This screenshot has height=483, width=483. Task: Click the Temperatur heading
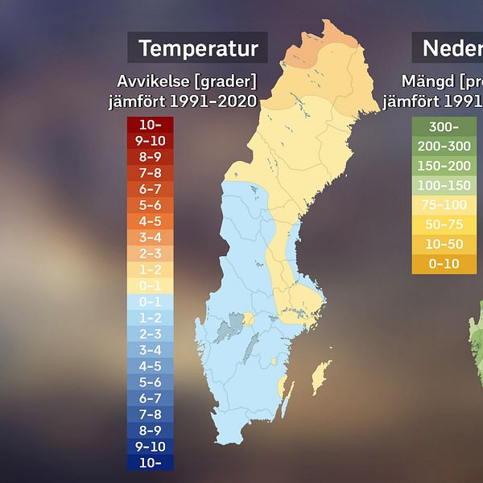click(198, 48)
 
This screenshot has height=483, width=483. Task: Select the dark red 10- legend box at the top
click(150, 125)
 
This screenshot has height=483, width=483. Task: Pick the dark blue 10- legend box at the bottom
click(150, 462)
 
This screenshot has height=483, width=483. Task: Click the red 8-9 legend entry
click(150, 157)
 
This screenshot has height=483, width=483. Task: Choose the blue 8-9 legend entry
click(150, 430)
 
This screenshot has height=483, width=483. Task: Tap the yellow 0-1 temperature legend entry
click(150, 286)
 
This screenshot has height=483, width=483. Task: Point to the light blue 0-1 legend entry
click(150, 302)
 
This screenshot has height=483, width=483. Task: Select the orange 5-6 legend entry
click(150, 205)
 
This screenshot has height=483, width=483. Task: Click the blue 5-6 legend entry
click(150, 382)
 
